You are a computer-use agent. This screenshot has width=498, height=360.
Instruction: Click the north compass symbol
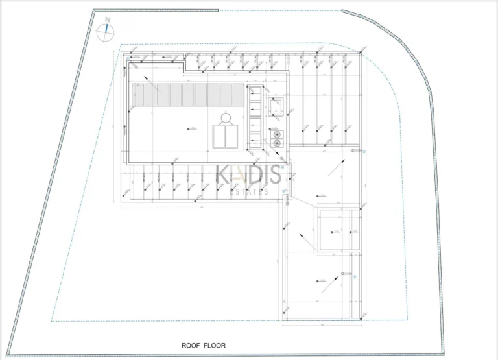pyautogui.click(x=106, y=31)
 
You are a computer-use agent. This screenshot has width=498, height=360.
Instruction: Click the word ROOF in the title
pyautogui.click(x=192, y=346)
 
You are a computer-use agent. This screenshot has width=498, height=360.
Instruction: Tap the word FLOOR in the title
pyautogui.click(x=215, y=346)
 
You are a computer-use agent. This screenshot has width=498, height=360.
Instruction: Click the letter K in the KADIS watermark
pyautogui.click(x=224, y=174)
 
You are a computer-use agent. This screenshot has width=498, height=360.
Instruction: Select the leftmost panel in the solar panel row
pyautogui.click(x=137, y=95)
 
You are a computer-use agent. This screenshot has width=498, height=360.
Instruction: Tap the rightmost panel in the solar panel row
pyautogui.click(x=237, y=95)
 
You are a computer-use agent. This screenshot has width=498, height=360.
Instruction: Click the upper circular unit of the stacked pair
pyautogui.click(x=278, y=134)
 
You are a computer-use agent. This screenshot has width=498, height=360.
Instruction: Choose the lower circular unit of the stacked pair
pyautogui.click(x=278, y=142)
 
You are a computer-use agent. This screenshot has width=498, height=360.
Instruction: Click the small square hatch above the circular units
pyautogui.click(x=277, y=106)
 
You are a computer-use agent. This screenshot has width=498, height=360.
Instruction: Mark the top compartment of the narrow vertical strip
pyautogui.click(x=255, y=91)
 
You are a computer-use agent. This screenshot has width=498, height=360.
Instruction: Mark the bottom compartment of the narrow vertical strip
pyautogui.click(x=255, y=143)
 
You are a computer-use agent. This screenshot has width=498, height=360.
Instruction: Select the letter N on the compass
pyautogui.click(x=108, y=20)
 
